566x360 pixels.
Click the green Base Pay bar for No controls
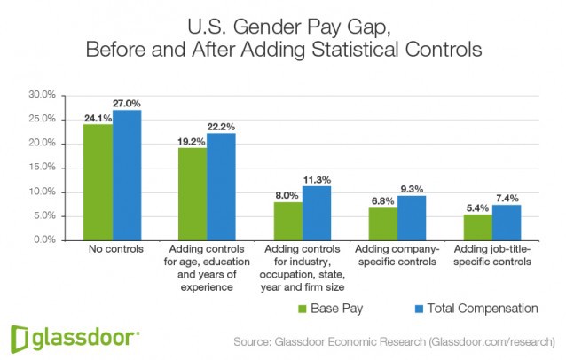click(98, 182)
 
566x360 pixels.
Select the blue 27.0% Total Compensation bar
click(126, 175)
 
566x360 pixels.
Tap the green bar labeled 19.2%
click(193, 193)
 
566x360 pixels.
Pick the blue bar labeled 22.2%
click(221, 186)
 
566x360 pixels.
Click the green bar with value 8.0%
click(287, 221)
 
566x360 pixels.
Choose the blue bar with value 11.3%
click(316, 213)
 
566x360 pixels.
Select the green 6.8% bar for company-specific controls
click(382, 223)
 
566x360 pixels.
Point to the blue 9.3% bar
click(411, 218)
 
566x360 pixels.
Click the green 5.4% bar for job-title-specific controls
click(477, 227)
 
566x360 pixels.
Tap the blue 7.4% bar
click(506, 223)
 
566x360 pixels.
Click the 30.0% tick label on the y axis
click(43, 94)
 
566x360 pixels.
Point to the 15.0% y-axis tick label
click(43, 168)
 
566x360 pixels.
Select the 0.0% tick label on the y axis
click(45, 240)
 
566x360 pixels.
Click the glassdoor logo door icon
click(20, 338)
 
